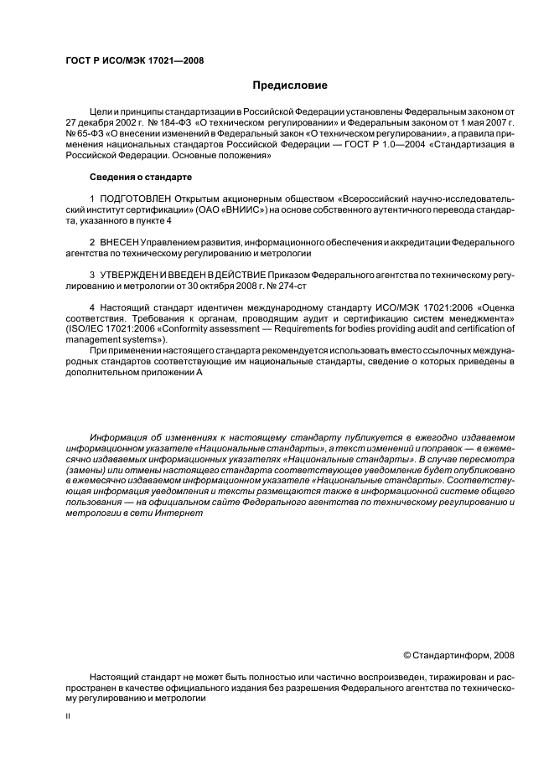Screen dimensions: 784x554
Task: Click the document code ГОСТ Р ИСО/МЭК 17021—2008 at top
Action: [134, 60]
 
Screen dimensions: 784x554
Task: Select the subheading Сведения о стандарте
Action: [141, 177]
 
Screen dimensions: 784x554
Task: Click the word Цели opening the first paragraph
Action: [100, 111]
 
